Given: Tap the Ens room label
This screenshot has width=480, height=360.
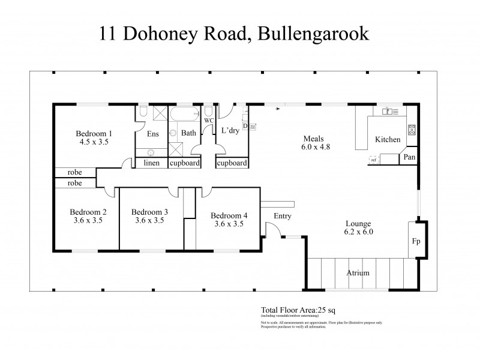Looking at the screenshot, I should click(x=152, y=133).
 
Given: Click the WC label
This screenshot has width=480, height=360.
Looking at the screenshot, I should click(x=208, y=121).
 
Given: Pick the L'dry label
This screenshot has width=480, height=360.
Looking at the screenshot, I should click(x=230, y=131).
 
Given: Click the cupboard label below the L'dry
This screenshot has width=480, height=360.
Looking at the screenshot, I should click(x=231, y=163).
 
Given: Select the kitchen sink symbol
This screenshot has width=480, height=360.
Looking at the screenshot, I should click(x=387, y=111).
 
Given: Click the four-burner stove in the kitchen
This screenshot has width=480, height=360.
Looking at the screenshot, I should click(x=412, y=129).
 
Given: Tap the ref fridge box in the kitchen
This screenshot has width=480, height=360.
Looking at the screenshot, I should click(x=374, y=160).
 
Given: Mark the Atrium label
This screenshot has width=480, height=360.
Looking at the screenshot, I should click(x=358, y=273).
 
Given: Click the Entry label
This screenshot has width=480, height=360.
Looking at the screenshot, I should click(x=282, y=216).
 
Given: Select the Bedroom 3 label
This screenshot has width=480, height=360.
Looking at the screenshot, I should click(x=149, y=212).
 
